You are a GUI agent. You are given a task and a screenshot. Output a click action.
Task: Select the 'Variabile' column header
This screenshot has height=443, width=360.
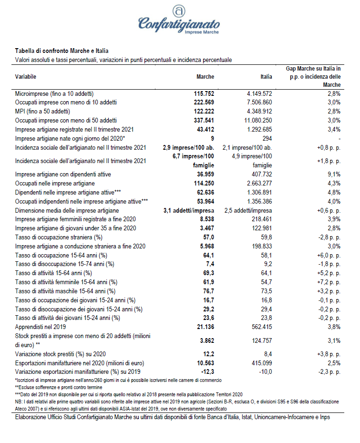26,77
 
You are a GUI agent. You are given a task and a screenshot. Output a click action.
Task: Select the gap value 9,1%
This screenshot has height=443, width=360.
333,175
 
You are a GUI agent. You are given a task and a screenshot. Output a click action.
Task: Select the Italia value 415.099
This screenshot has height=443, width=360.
261,363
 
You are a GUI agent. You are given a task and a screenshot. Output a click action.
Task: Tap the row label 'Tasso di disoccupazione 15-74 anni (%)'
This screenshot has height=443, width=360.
65,264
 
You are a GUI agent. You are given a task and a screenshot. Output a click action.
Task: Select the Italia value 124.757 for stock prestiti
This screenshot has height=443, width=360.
261,341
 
